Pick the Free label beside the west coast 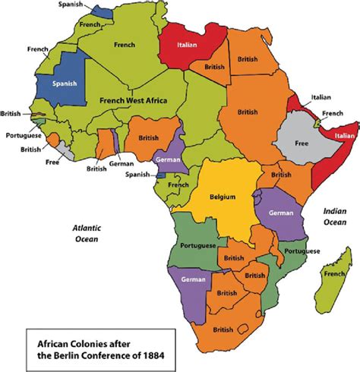pos(52,162)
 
